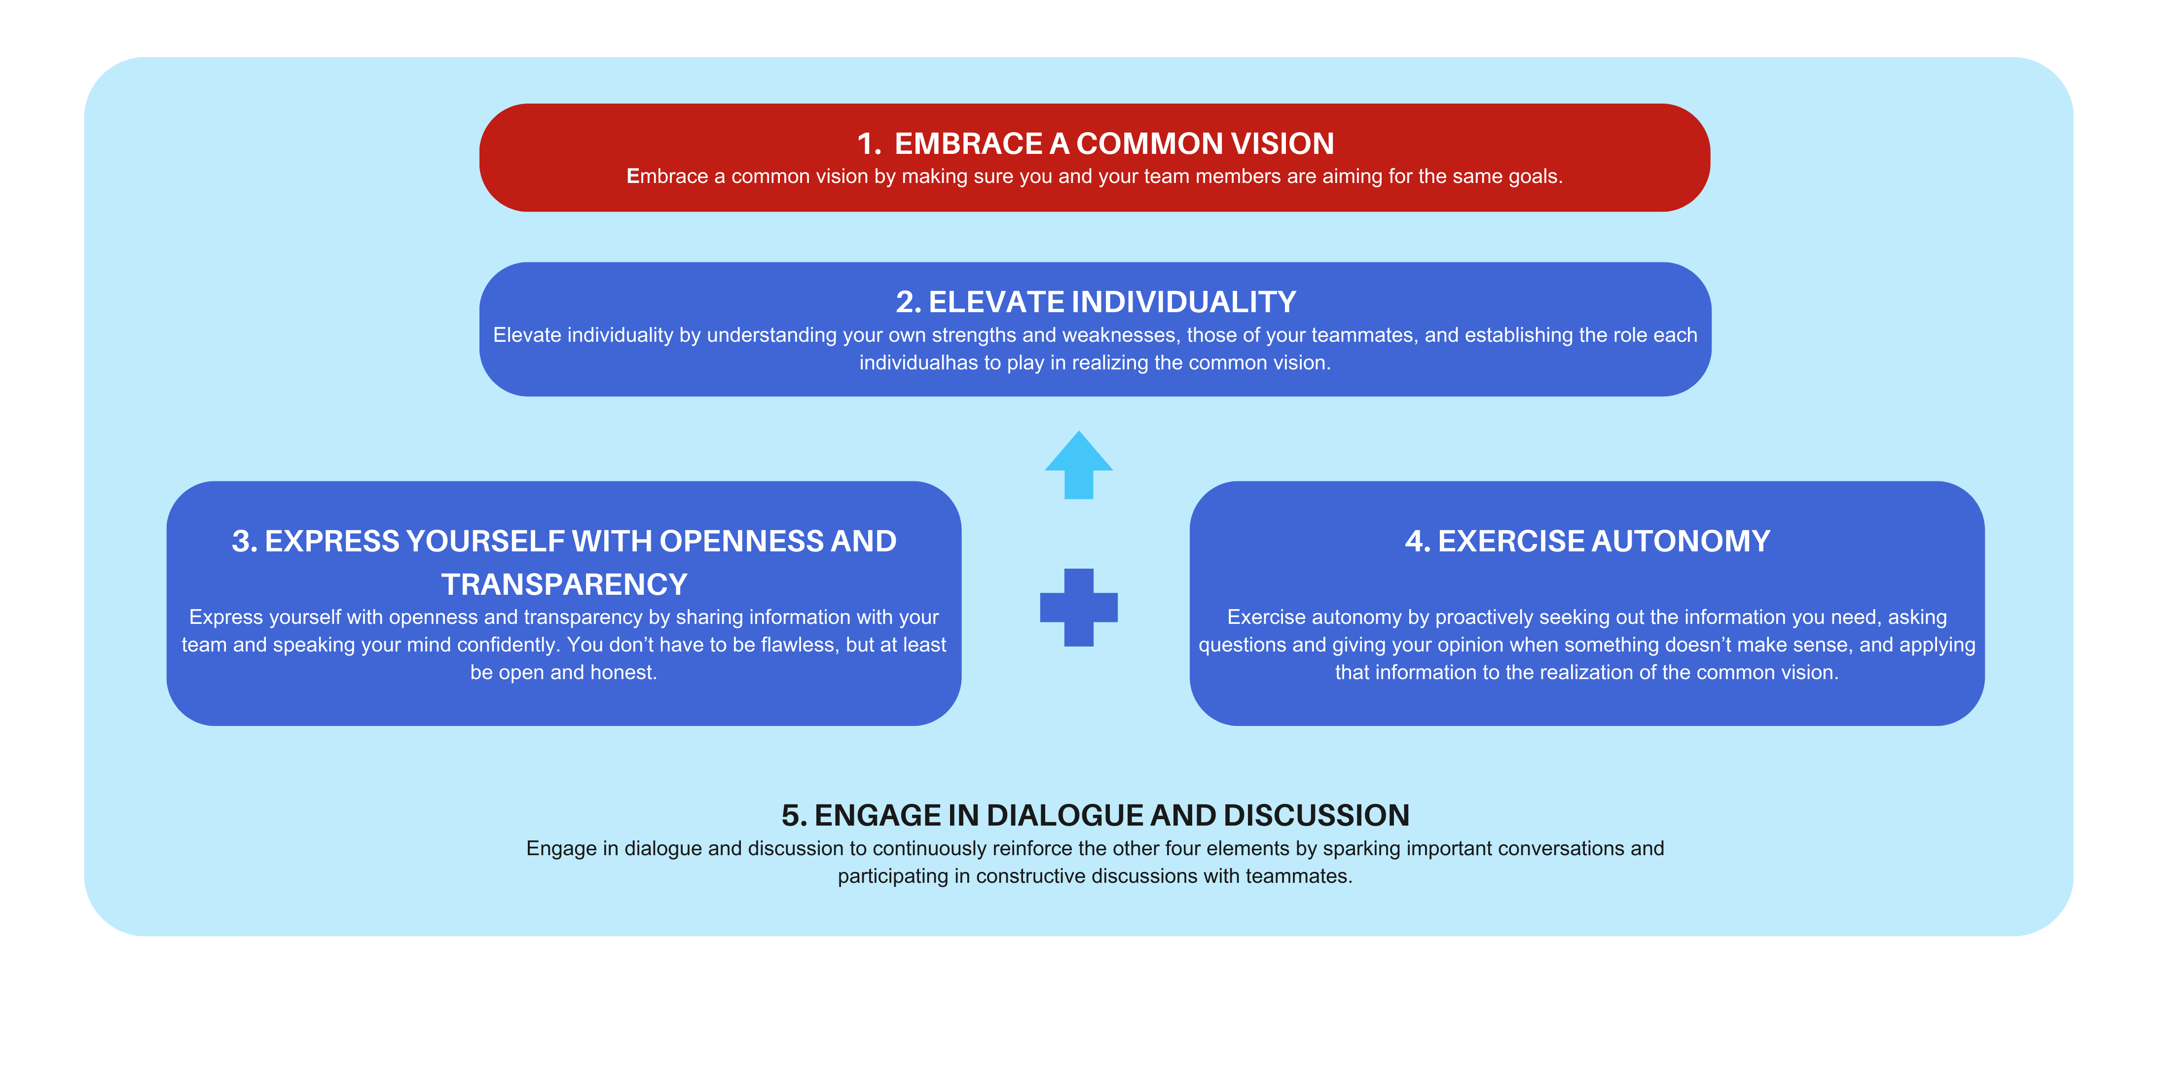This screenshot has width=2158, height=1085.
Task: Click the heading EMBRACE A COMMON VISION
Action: pyautogui.click(x=1114, y=144)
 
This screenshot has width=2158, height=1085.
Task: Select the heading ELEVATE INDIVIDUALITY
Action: pyautogui.click(x=1112, y=302)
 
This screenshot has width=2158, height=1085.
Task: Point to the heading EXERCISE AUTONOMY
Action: pyautogui.click(x=1604, y=541)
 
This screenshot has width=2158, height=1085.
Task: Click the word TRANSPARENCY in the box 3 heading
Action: pyautogui.click(x=564, y=584)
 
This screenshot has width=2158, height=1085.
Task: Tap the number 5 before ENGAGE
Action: pyautogui.click(x=793, y=815)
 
